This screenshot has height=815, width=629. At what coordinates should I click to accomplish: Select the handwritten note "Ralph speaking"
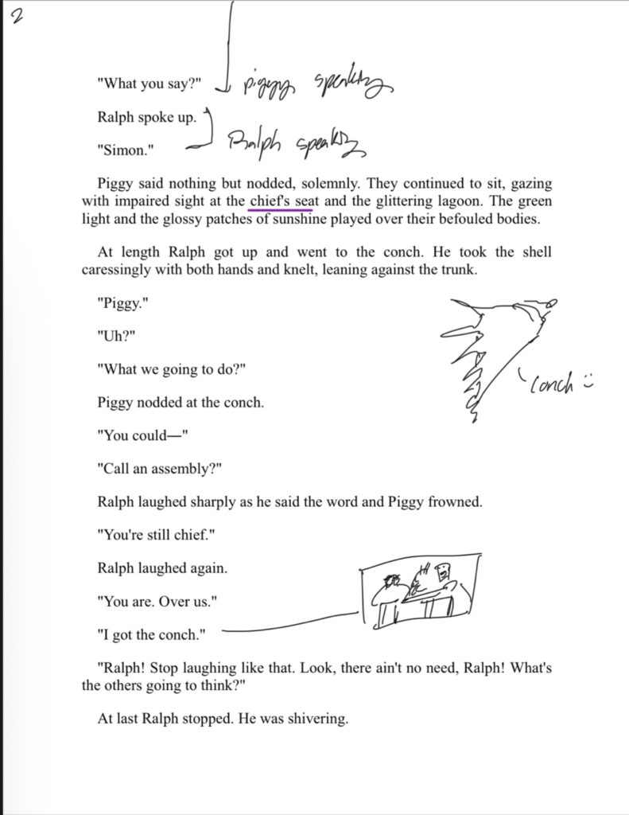point(294,145)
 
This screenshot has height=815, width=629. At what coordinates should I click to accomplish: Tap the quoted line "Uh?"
point(116,337)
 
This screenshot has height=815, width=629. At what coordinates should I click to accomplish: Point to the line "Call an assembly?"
point(160,470)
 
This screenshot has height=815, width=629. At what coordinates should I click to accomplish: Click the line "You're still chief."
point(156,535)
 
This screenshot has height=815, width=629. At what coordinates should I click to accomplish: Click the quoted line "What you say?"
point(151,85)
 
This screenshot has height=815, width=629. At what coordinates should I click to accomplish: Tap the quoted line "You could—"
point(143,436)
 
